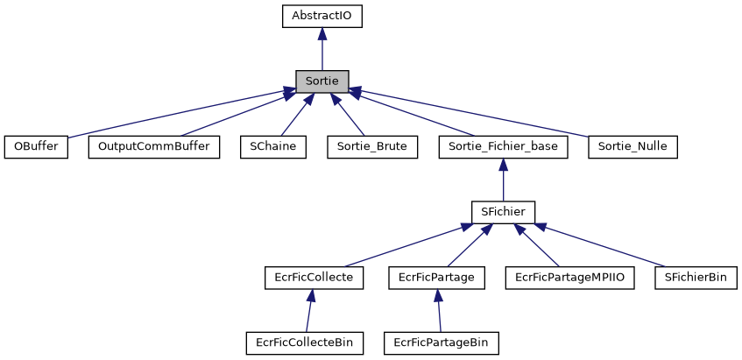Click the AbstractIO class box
[x=322, y=15]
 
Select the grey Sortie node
[x=322, y=81]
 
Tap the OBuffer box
[x=36, y=146]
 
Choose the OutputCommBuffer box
[x=154, y=146]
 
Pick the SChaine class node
[x=273, y=146]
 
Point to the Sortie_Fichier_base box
[x=504, y=146]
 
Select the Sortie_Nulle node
[x=633, y=146]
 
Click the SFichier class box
[x=503, y=211]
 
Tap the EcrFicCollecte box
[x=308, y=277]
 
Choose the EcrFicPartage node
[x=436, y=277]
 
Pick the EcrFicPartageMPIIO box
[x=569, y=277]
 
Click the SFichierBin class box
[x=696, y=277]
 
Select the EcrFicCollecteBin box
[x=305, y=342]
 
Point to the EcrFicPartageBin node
[x=442, y=342]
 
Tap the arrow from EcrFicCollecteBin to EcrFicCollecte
[x=307, y=310]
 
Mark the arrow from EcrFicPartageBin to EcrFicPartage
[x=439, y=310]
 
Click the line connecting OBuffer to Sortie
[x=175, y=113]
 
